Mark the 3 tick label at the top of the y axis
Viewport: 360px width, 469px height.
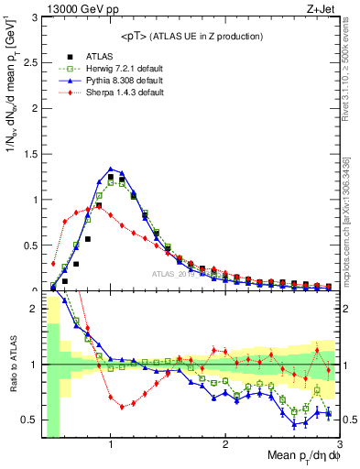(x=33, y=16)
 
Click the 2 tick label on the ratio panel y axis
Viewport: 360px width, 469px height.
(x=33, y=309)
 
